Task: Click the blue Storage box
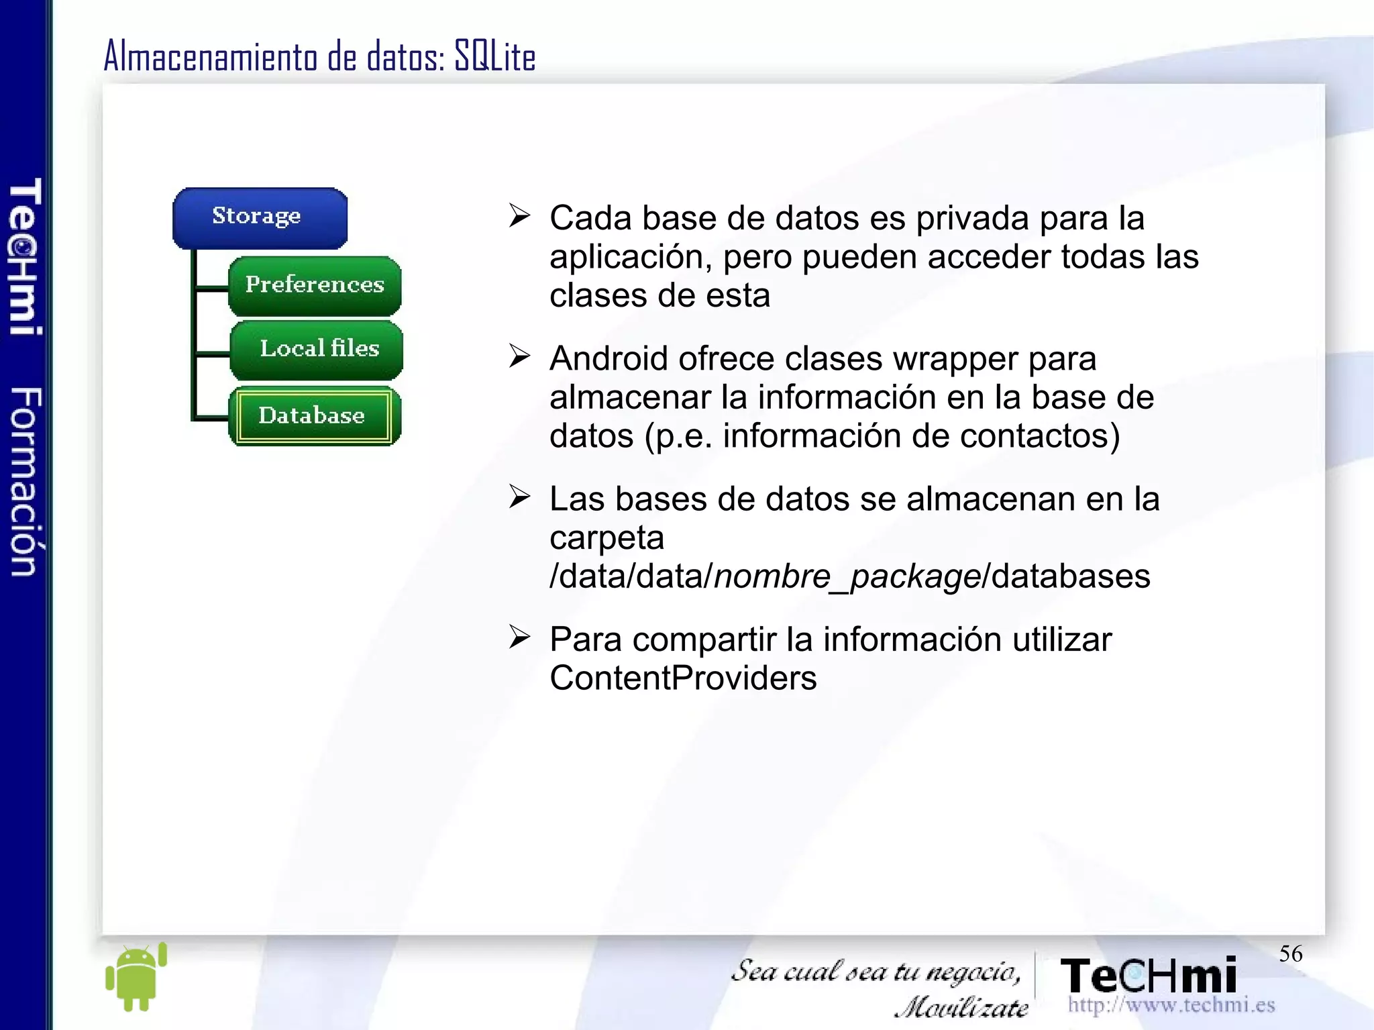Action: coord(260,217)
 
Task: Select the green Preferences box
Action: coord(315,285)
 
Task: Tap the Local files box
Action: coord(317,349)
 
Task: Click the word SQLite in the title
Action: coord(495,56)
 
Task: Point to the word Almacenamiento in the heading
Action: coord(210,56)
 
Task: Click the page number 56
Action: coord(1290,954)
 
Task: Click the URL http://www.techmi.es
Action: coord(1171,1005)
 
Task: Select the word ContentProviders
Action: coord(683,678)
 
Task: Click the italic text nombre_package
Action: coord(847,576)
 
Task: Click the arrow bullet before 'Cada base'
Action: coord(519,216)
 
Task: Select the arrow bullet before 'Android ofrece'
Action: coord(519,356)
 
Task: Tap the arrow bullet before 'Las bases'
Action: coord(519,497)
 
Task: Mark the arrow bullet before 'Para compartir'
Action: coord(519,637)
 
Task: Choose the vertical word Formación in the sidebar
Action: coord(26,482)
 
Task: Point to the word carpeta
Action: coord(606,538)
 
